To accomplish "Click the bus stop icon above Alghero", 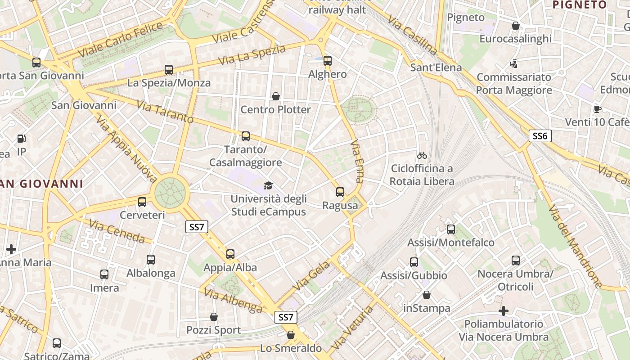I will pyautogui.click(x=328, y=60).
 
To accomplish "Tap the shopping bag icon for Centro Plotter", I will pyautogui.click(x=276, y=96).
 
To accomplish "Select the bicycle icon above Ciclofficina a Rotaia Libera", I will pyautogui.click(x=422, y=155).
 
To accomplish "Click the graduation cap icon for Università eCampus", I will pyautogui.click(x=269, y=185).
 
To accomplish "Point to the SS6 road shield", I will pyautogui.click(x=540, y=136).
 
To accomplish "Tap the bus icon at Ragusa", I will pyautogui.click(x=340, y=192).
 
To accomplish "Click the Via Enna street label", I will pyautogui.click(x=356, y=161).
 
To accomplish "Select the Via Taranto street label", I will pyautogui.click(x=165, y=112).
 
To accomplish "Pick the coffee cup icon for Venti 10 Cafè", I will pyautogui.click(x=598, y=109).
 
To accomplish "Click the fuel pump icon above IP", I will pyautogui.click(x=21, y=139).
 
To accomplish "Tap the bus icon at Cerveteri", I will pyautogui.click(x=142, y=202).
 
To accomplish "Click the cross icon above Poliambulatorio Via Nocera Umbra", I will pyautogui.click(x=504, y=311).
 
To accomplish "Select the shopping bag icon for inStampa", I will pyautogui.click(x=426, y=295).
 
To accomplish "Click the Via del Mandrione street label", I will pyautogui.click(x=576, y=246).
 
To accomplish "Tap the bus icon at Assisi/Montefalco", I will pyautogui.click(x=451, y=229).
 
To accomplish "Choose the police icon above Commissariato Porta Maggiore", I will pyautogui.click(x=513, y=64).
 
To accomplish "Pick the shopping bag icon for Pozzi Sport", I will pyautogui.click(x=214, y=317).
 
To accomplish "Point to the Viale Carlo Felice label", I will pyautogui.click(x=121, y=40).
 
